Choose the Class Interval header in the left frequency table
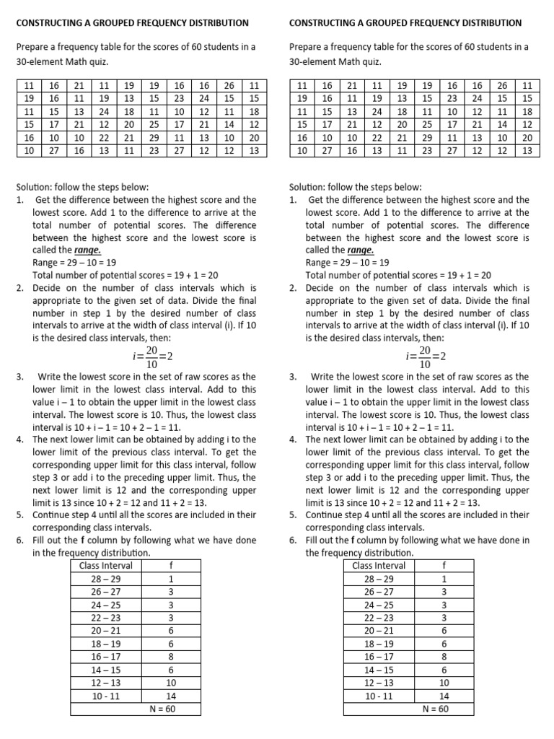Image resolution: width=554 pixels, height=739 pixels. (106, 566)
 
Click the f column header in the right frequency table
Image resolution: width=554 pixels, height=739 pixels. (444, 566)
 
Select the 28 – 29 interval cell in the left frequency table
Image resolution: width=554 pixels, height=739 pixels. (106, 579)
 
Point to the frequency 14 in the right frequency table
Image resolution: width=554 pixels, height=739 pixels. (444, 696)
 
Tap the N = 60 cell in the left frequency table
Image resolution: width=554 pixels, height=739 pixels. (160, 709)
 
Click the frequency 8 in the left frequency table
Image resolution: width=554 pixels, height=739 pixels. (171, 657)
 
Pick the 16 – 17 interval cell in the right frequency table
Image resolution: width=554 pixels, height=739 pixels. (379, 657)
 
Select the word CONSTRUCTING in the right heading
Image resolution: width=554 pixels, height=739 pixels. (324, 24)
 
